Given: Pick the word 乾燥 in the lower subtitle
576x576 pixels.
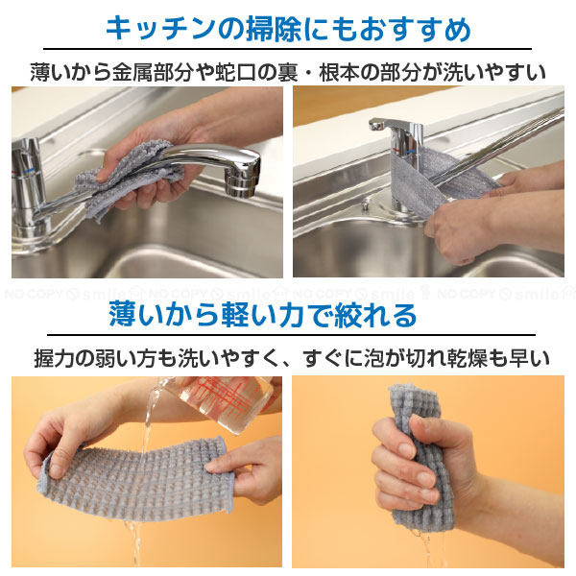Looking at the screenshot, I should coord(475,359).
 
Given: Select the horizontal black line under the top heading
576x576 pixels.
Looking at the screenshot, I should coord(288,49).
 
